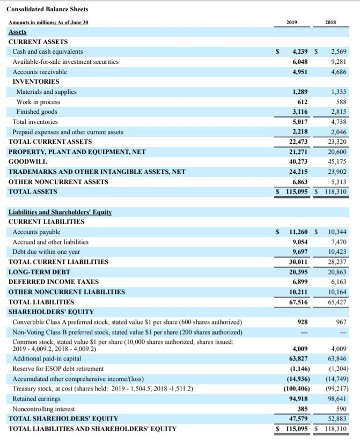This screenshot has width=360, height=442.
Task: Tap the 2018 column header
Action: pyautogui.click(x=331, y=23)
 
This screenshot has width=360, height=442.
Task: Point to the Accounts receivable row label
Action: pyautogui.click(x=40, y=72)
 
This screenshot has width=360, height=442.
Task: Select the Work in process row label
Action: pyautogui.click(x=38, y=102)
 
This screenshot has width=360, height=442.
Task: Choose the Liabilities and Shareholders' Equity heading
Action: pyautogui.click(x=60, y=212)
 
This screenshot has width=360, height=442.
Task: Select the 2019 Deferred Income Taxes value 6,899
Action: pyautogui.click(x=299, y=282)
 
